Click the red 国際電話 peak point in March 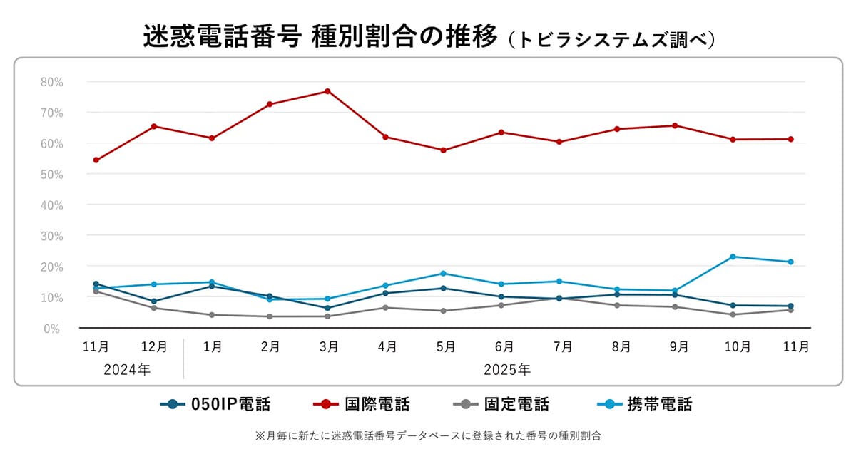click(327, 91)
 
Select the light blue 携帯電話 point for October click(733, 257)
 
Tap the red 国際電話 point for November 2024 click(96, 160)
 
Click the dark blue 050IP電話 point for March click(327, 309)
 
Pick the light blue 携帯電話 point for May click(443, 274)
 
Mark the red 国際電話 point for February click(270, 104)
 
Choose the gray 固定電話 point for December click(154, 308)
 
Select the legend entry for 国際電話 click(362, 405)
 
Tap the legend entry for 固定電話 click(501, 405)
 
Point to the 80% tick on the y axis click(52, 82)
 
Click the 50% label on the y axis click(52, 175)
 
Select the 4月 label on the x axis click(387, 347)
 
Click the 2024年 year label click(126, 370)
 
